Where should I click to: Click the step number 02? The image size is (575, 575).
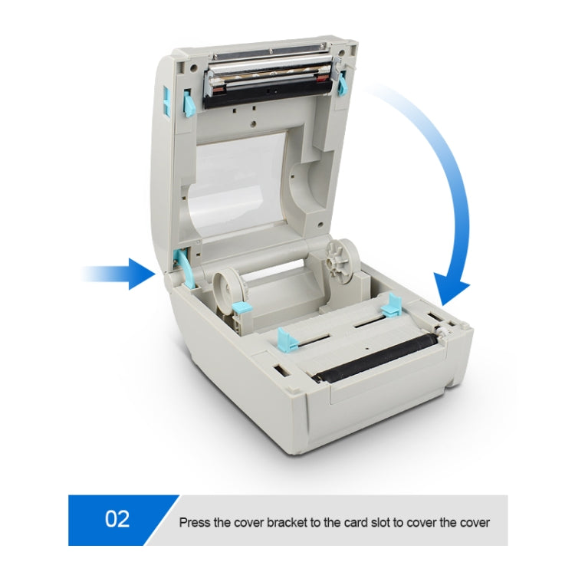117,519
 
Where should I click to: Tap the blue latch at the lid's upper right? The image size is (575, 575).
340,80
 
